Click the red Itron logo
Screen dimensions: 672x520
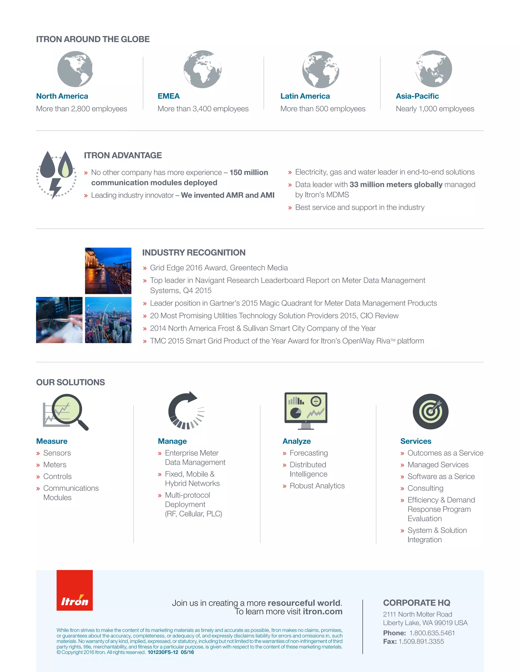[x=75, y=590]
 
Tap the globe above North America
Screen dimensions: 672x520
[x=75, y=69]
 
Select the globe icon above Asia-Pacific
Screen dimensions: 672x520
[x=433, y=69]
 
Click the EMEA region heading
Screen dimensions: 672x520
[x=169, y=96]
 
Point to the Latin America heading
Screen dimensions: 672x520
[x=305, y=96]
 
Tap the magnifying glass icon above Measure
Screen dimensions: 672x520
[x=66, y=412]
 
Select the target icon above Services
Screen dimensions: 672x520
[x=430, y=412]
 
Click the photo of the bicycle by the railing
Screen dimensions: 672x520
[x=108, y=271]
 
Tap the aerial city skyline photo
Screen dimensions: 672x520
[x=108, y=320]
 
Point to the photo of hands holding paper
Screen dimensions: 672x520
[x=59, y=320]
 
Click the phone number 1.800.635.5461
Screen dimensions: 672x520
[x=432, y=633]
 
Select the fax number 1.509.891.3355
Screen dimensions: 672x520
[x=421, y=642]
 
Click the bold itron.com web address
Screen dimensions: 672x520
[x=322, y=611]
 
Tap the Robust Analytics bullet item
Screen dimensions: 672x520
[x=317, y=486]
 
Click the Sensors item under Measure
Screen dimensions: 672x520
[x=57, y=453]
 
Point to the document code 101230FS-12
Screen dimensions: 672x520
[x=163, y=652]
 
